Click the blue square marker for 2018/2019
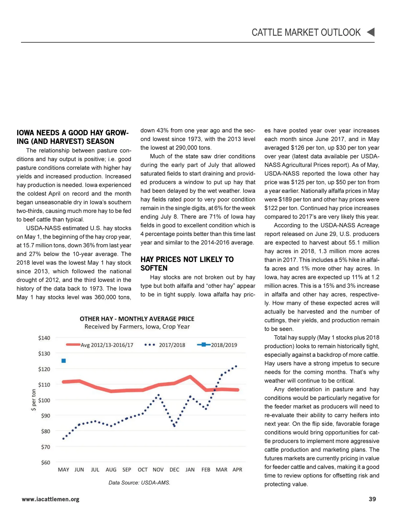64,361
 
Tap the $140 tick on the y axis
44,338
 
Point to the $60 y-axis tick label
46,462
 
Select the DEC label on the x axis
174,470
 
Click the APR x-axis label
237,470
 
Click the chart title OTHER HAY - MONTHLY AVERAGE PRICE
137,319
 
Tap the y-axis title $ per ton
33,400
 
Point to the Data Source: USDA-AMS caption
139,483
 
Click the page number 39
372,499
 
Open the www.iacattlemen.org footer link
51,499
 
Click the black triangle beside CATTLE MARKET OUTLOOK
371,32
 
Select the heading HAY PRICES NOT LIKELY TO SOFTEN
187,264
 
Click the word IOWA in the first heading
26,133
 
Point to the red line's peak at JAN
190,376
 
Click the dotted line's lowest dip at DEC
174,426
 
